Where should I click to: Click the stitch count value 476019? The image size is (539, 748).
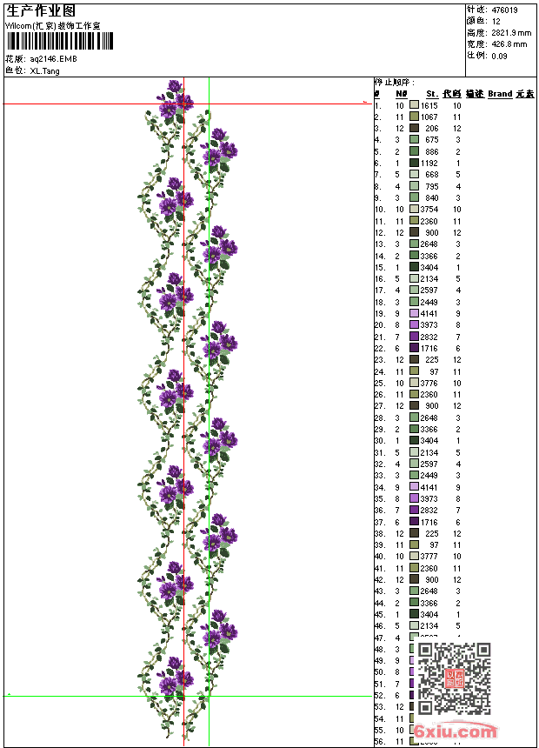pyautogui.click(x=505, y=10)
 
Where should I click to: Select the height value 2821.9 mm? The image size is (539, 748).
pyautogui.click(x=510, y=32)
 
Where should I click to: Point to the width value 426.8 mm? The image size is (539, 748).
pyautogui.click(x=509, y=43)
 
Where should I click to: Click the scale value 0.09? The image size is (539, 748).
pyautogui.click(x=499, y=56)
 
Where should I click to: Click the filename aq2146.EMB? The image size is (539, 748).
pyautogui.click(x=53, y=59)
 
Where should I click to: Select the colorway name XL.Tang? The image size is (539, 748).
pyautogui.click(x=45, y=70)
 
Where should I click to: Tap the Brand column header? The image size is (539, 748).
pyautogui.click(x=500, y=93)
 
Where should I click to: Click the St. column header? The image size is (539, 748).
pyautogui.click(x=432, y=93)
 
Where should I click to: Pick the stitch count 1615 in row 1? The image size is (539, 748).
pyautogui.click(x=429, y=105)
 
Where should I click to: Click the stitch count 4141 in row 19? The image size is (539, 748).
pyautogui.click(x=429, y=313)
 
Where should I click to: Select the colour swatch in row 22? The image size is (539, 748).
pyautogui.click(x=414, y=348)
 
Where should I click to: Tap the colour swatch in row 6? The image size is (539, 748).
pyautogui.click(x=414, y=163)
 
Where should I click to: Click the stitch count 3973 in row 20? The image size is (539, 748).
pyautogui.click(x=429, y=325)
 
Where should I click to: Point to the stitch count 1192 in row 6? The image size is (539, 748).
pyautogui.click(x=429, y=163)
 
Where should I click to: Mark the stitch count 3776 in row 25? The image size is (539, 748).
pyautogui.click(x=429, y=383)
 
